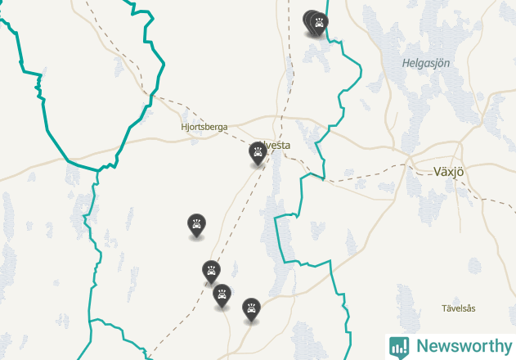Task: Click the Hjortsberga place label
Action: click(204, 127)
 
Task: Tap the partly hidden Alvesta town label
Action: click(278, 146)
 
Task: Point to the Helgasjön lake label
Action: click(426, 63)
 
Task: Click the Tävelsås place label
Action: click(458, 308)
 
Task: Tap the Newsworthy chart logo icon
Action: click(399, 346)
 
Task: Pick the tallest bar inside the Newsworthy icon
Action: click(403, 345)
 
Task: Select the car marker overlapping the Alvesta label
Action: click(258, 152)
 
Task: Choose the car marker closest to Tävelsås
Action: click(251, 308)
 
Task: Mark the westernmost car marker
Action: click(196, 224)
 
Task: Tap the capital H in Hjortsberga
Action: click(184, 127)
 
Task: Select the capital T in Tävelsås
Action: click(444, 308)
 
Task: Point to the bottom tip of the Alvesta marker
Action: click(258, 165)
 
